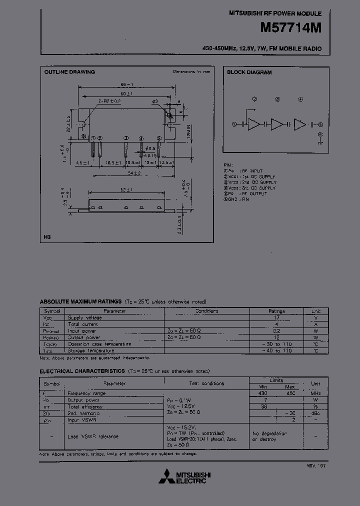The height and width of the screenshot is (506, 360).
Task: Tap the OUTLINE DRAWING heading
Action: pyautogui.click(x=69, y=72)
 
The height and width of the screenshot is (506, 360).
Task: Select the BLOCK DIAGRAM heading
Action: pyautogui.click(x=249, y=72)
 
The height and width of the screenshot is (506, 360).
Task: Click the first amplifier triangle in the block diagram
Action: pyautogui.click(x=254, y=124)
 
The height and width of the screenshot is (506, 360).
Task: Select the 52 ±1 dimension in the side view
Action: pyautogui.click(x=127, y=190)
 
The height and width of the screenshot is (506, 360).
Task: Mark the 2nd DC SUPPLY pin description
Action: pyautogui.click(x=260, y=182)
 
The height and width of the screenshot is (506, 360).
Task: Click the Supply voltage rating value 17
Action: pyautogui.click(x=275, y=317)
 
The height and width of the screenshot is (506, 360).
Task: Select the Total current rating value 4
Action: pyautogui.click(x=275, y=324)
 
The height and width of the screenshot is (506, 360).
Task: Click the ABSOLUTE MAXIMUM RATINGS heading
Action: pyautogui.click(x=80, y=301)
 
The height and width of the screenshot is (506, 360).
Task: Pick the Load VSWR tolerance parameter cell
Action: pyautogui.click(x=93, y=436)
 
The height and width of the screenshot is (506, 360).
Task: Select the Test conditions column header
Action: pyautogui.click(x=206, y=383)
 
